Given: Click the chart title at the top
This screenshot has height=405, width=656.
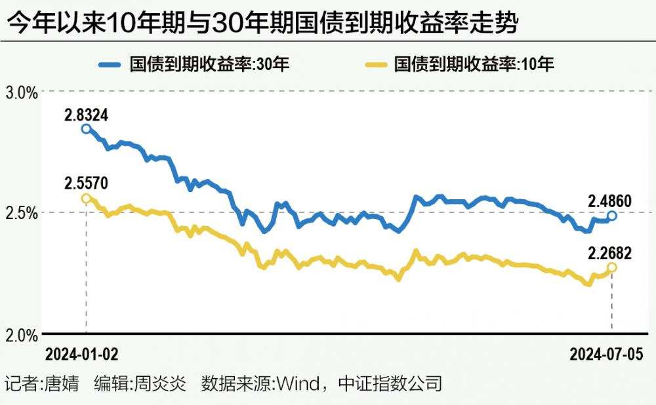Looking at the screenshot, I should pos(262,25).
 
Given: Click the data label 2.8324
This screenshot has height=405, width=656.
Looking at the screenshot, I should pos(86,115).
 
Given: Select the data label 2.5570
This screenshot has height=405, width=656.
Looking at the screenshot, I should pos(86,184).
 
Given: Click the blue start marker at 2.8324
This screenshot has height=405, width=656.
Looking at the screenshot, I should pos(86,128).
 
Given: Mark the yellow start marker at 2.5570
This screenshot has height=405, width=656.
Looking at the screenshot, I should pos(86,198).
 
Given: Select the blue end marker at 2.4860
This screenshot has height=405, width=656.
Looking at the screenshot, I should pos(611,216).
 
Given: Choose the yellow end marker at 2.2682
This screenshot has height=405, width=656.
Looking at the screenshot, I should pos(611,267).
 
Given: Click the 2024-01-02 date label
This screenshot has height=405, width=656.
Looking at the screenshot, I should pos(81,355).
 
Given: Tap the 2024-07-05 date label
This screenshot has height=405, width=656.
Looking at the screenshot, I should pos(607,355).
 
